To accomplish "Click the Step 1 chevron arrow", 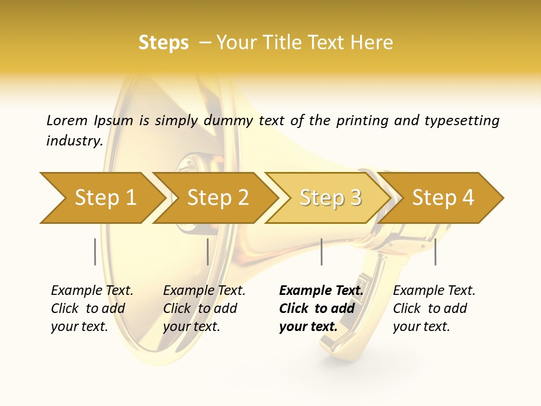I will [x=104, y=198].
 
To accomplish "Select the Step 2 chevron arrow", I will [x=217, y=198].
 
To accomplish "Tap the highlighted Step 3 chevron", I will [x=330, y=198].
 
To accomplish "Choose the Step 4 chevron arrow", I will [x=442, y=198].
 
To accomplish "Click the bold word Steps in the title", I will [x=163, y=43].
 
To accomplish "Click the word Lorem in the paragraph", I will [x=66, y=121].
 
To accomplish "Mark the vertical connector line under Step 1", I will [x=95, y=251].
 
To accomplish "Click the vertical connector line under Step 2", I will [x=207, y=251].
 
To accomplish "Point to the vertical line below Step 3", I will [x=321, y=251].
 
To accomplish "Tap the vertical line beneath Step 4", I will [x=435, y=251].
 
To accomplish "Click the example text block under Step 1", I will [x=92, y=308].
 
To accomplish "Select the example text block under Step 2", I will [x=204, y=308].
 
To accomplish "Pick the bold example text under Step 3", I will [x=321, y=308].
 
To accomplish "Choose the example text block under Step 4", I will [x=434, y=308].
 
